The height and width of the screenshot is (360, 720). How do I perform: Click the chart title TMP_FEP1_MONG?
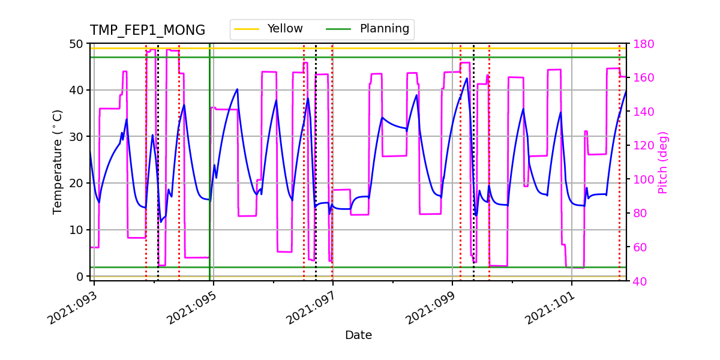(x=147, y=31)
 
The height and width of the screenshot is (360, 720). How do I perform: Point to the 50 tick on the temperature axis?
(x=79, y=44)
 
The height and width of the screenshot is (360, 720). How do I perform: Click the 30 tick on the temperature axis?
(x=79, y=137)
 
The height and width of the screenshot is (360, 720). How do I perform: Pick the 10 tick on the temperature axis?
(x=79, y=230)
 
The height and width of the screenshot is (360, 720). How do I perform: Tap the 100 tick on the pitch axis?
(x=643, y=179)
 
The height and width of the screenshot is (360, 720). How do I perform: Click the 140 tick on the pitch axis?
(x=643, y=112)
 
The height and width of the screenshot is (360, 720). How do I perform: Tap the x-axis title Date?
(x=358, y=335)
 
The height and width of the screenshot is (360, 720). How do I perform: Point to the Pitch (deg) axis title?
(x=663, y=162)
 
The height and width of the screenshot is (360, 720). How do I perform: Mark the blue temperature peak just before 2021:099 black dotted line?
(x=467, y=78)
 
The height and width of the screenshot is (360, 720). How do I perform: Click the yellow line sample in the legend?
(x=247, y=29)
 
